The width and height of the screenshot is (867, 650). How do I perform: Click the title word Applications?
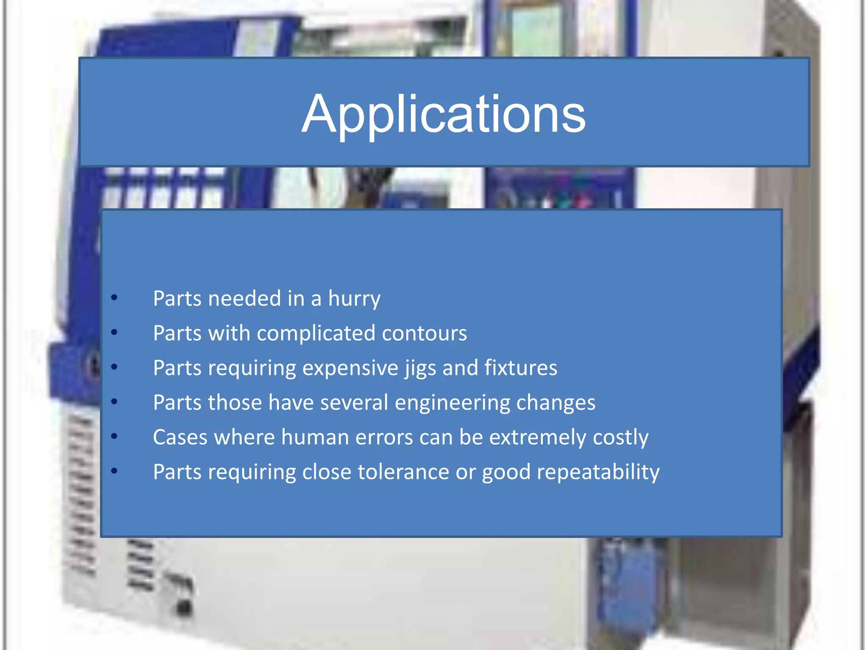click(443, 114)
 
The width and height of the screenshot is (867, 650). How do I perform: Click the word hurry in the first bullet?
click(354, 299)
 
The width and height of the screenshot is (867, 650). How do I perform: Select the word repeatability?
click(598, 472)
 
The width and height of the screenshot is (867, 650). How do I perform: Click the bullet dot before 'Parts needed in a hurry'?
click(114, 298)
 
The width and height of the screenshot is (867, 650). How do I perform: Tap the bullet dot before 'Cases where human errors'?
click(114, 437)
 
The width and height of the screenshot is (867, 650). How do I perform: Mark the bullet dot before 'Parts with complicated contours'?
click(114, 333)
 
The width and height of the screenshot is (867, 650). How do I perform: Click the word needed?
click(245, 299)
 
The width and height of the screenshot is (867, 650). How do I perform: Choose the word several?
click(354, 403)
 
